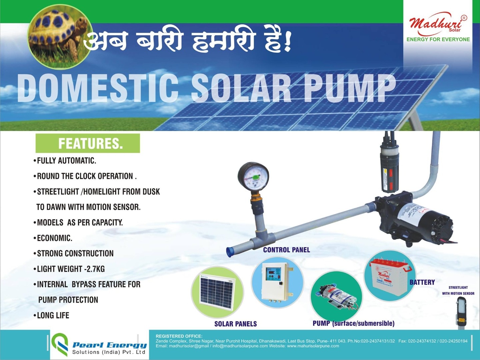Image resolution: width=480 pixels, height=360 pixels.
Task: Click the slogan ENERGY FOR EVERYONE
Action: coord(438,40)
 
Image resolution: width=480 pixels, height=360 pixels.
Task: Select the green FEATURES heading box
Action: coord(88,143)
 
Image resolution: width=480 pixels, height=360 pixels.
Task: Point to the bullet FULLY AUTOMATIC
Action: coord(65,161)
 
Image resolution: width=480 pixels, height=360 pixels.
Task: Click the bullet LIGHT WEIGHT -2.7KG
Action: coord(69,269)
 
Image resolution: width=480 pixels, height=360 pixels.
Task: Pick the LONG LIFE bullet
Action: coord(51,315)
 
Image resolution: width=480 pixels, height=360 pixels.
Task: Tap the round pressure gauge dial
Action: coord(253,177)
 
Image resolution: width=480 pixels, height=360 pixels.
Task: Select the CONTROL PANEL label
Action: coord(286,250)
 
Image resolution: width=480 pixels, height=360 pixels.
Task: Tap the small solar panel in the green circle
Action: coord(217,292)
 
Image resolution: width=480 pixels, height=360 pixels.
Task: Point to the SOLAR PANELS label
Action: coord(236,324)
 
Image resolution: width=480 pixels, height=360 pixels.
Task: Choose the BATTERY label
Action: coord(422,282)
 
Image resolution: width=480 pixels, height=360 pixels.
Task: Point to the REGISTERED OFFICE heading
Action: coord(179,336)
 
